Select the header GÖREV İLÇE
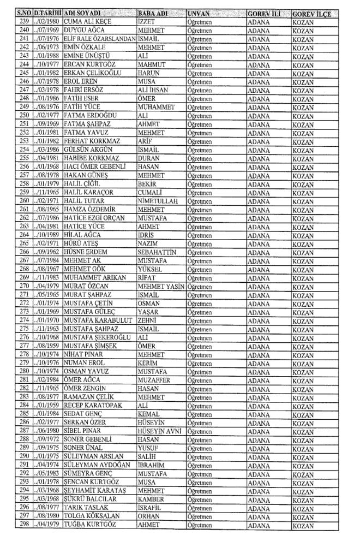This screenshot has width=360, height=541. click(x=311, y=12)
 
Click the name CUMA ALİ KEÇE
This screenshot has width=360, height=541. click(x=89, y=21)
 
